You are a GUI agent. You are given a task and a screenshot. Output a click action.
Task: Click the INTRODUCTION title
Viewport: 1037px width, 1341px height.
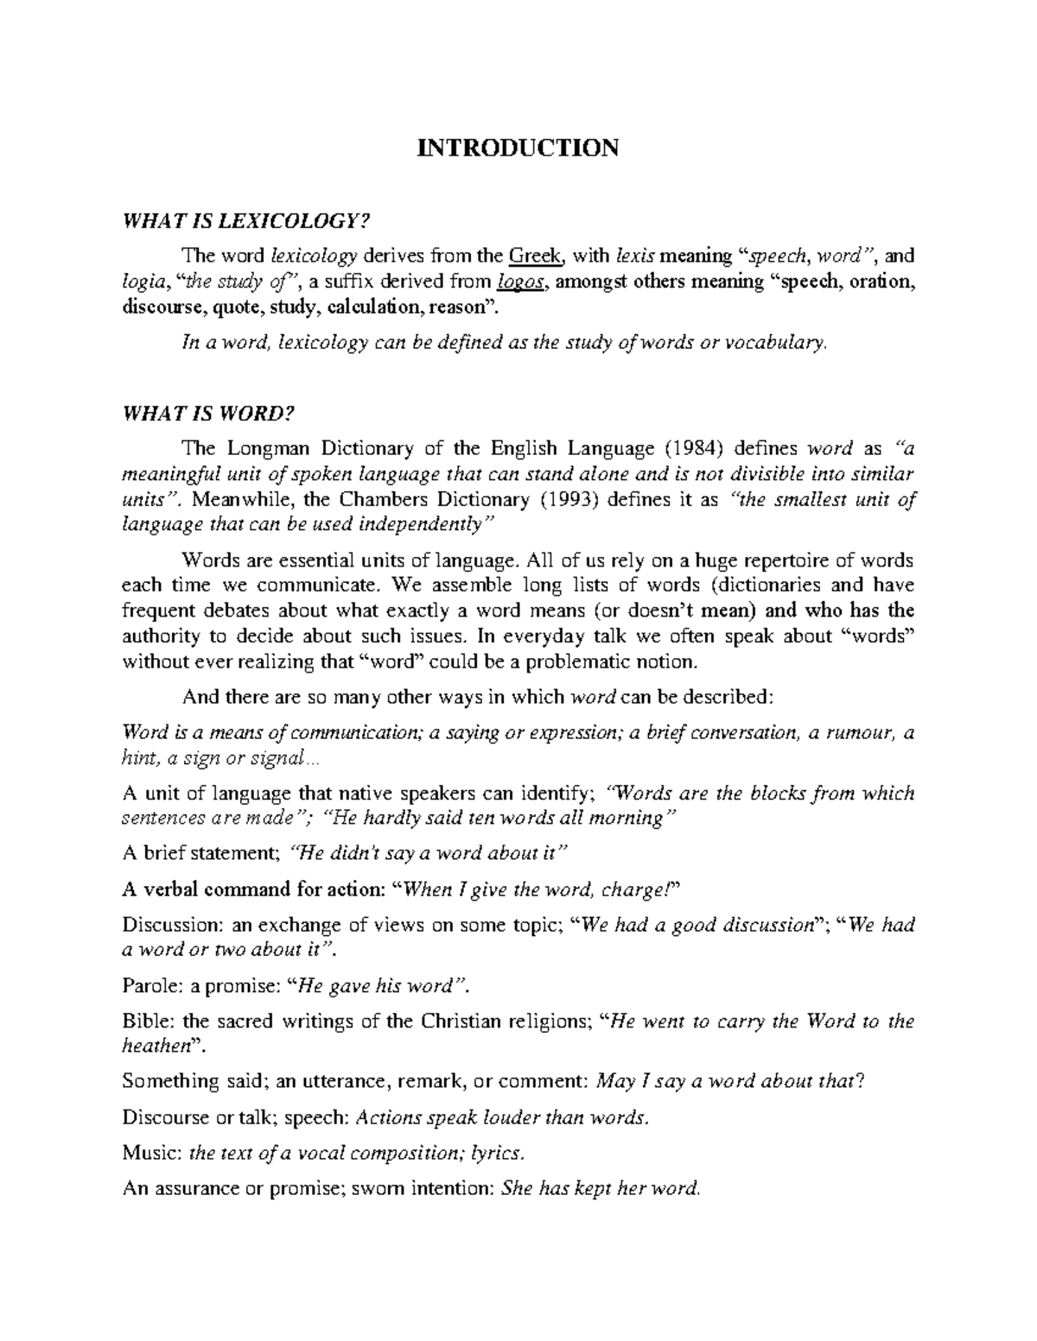click(518, 148)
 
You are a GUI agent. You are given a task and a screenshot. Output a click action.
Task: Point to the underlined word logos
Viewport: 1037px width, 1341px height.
click(522, 281)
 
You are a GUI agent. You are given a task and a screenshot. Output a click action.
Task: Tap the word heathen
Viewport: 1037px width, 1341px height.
click(155, 1046)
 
